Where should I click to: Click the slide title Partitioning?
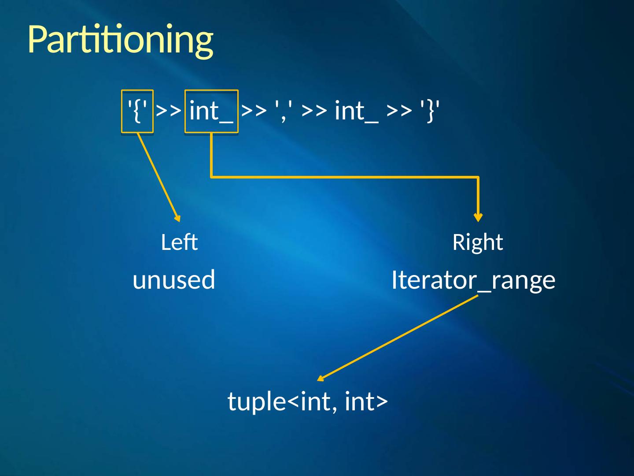pos(120,40)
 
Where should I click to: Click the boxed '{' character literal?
pos(137,111)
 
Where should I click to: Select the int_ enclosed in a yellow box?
pos(211,111)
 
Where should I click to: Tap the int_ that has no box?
pos(356,111)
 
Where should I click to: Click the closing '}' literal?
pos(430,111)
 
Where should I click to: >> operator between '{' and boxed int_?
pos(169,111)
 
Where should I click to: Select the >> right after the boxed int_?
pos(254,111)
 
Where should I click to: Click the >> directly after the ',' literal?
pos(314,111)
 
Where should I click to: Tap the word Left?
pos(179,242)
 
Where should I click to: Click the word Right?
pos(478,242)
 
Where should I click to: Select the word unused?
pos(174,280)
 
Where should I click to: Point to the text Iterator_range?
pos(473,280)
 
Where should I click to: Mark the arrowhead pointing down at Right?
pos(478,217)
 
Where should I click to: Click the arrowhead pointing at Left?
pos(178,218)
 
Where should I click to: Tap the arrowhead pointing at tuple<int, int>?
pos(321,378)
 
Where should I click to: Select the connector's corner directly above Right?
pos(478,177)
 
